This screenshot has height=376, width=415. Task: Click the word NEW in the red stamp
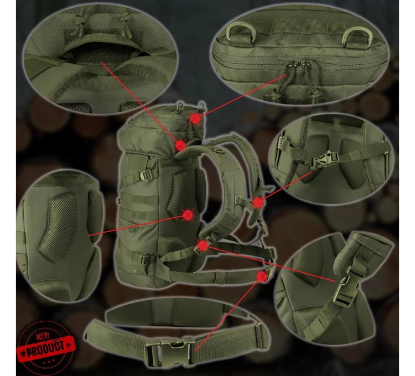pyautogui.click(x=43, y=336)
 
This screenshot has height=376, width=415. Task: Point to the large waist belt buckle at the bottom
pyautogui.click(x=171, y=352)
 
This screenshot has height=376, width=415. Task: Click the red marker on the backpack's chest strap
pyautogui.click(x=258, y=203)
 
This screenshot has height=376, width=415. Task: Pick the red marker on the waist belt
pyautogui.click(x=262, y=276)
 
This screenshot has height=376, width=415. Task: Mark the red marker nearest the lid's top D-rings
pyautogui.click(x=195, y=118)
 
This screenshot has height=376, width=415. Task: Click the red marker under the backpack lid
pyautogui.click(x=181, y=145)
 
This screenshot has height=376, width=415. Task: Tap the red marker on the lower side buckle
pyautogui.click(x=203, y=246)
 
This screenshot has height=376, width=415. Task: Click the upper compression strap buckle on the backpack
pyautogui.click(x=146, y=175)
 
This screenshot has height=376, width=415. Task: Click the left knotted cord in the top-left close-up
pyautogui.click(x=79, y=19)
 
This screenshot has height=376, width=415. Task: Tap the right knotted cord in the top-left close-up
pyautogui.click(x=124, y=23)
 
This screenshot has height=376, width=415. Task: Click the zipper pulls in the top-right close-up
pyautogui.click(x=299, y=64)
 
